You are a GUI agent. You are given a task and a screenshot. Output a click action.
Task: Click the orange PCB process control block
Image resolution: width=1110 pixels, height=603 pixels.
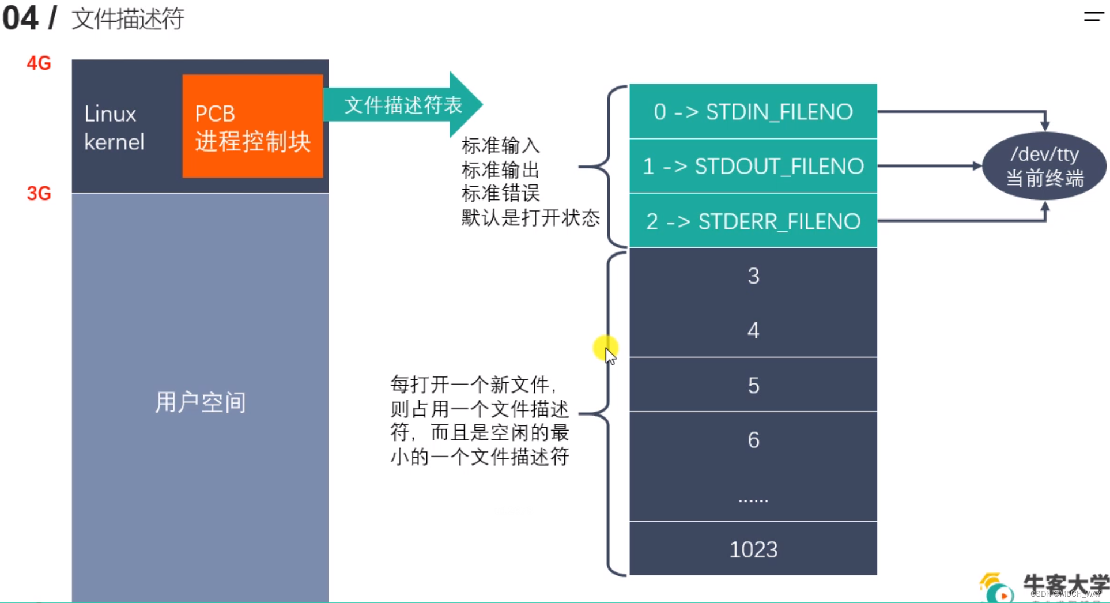point(252,126)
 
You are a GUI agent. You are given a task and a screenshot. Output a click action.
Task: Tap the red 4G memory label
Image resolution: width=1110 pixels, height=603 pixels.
point(39,63)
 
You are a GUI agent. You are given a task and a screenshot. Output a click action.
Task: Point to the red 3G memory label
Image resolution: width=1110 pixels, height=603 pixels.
point(39,193)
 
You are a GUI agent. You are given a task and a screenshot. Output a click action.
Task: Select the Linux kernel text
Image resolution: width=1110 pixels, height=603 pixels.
point(114,127)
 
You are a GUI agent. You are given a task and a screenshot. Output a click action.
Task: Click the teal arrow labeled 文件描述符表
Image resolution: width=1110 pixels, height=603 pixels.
point(403,105)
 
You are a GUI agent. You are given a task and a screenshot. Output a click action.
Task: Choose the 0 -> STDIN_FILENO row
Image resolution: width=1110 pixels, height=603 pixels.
point(753,111)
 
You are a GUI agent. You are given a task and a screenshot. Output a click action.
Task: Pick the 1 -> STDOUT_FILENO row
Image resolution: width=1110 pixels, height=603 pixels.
point(753,166)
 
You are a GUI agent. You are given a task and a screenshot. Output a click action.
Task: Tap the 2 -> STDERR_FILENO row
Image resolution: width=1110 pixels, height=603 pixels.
point(753,221)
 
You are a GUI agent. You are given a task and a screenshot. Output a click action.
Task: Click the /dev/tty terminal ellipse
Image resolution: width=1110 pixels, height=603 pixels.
point(1044,166)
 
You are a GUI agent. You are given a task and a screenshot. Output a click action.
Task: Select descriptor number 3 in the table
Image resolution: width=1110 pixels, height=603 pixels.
point(753,276)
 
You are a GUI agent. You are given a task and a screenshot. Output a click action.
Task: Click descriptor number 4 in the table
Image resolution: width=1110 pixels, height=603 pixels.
point(753,330)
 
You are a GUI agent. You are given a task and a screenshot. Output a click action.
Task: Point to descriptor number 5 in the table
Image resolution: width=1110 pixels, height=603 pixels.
point(753,385)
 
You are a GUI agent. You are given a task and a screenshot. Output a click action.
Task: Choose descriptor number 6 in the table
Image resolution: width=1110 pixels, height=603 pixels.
point(753,440)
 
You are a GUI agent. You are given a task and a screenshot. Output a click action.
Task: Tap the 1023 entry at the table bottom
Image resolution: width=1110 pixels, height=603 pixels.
point(753,549)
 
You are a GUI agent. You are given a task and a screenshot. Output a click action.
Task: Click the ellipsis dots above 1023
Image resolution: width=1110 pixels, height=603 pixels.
point(753,499)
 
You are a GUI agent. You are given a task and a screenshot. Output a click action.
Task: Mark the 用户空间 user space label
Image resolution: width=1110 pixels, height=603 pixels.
point(200,402)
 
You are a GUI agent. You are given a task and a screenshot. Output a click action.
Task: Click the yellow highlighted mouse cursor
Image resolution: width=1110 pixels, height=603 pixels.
point(606,348)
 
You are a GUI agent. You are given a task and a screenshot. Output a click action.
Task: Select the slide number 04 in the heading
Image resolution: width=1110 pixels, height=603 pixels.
point(20,18)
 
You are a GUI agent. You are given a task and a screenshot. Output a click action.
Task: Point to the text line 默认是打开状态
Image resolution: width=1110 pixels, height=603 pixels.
point(530,217)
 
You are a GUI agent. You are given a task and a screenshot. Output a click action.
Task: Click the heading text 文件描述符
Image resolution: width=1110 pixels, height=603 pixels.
point(127,19)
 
